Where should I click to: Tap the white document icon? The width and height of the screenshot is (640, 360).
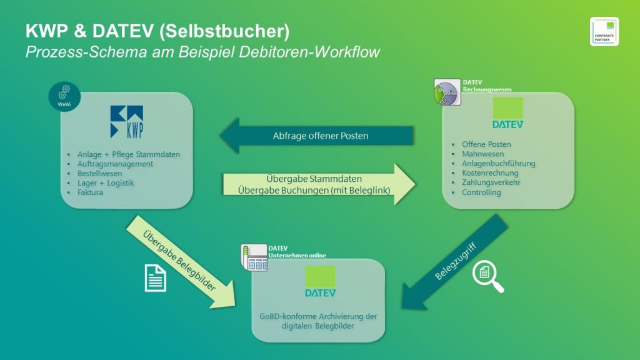(156, 277)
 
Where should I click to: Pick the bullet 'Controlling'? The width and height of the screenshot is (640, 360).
(481, 192)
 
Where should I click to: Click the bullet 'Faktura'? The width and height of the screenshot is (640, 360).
(90, 192)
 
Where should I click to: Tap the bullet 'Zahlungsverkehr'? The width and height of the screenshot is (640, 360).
(491, 182)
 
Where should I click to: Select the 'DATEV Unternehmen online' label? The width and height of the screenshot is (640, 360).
(297, 252)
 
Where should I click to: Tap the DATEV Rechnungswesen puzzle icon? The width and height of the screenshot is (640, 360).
(446, 92)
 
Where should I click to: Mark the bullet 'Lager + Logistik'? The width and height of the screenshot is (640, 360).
(106, 183)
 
